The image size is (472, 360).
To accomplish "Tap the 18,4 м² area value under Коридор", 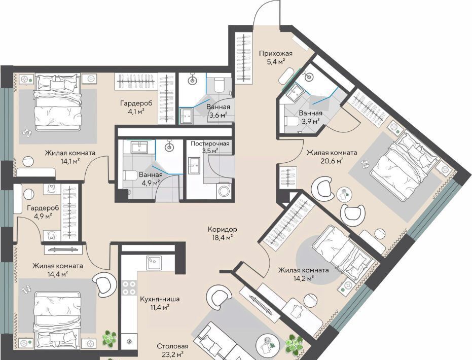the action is pos(222,237).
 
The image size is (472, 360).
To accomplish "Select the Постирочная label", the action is pos(210,143).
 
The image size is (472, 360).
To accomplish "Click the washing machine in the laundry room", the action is pos(224,190).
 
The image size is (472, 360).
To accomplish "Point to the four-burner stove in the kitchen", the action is pos(129,287).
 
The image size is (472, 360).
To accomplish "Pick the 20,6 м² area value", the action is pos(332,161).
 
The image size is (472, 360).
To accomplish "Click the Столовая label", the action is pos(172,346).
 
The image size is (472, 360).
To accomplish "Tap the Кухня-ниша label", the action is pos(160,299).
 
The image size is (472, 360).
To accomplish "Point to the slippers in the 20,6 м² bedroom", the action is pos(365,164).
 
